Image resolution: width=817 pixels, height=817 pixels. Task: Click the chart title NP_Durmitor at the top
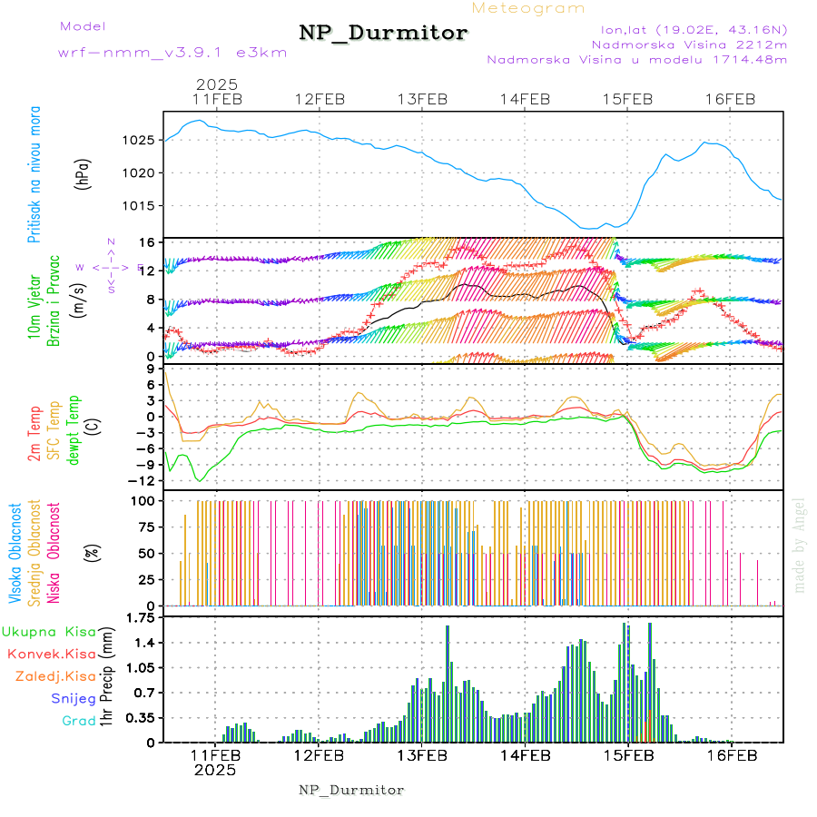[383, 34]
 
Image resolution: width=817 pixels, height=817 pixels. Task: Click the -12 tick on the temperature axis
[145, 481]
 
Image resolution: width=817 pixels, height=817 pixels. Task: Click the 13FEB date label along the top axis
[422, 99]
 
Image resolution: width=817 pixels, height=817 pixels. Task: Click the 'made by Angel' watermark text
[800, 545]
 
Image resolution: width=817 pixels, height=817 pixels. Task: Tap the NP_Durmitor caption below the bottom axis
[351, 790]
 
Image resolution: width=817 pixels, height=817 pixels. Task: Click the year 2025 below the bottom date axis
[215, 770]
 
